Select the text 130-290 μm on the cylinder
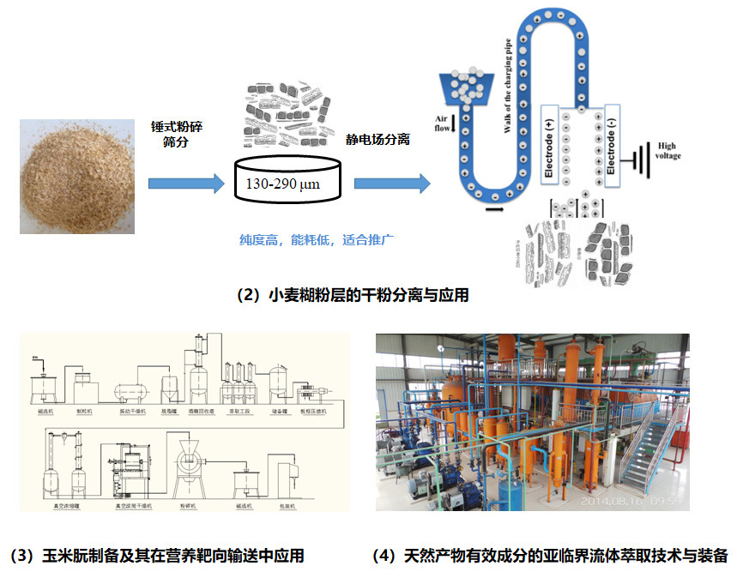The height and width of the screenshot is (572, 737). tap(285, 184)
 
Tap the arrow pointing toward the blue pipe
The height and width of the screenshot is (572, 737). tap(391, 184)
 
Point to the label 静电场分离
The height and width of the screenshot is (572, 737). tap(377, 137)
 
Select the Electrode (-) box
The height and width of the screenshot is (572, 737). tap(610, 146)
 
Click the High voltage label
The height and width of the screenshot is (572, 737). tap(668, 151)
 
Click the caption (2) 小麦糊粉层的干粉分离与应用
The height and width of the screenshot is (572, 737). tap(352, 295)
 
